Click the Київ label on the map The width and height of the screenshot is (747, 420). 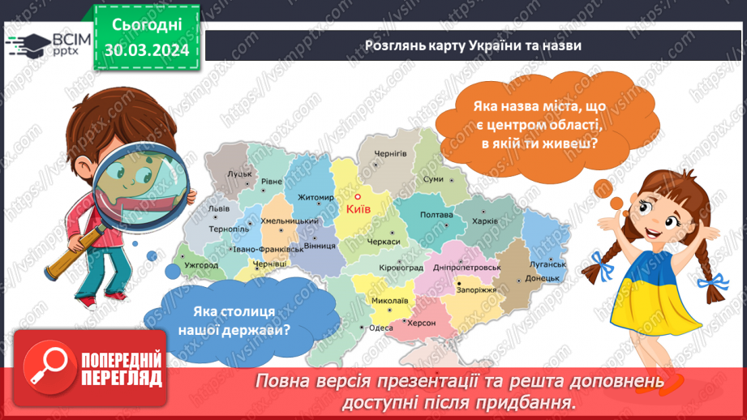coord(358,209)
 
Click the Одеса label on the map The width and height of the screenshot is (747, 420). coord(380,328)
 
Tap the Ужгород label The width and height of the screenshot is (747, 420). coord(201,264)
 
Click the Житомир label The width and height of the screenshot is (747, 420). coord(316,197)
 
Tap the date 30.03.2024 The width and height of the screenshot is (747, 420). coord(147,50)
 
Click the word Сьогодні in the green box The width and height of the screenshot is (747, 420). coord(147,26)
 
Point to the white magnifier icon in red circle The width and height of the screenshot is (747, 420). coord(45,364)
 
